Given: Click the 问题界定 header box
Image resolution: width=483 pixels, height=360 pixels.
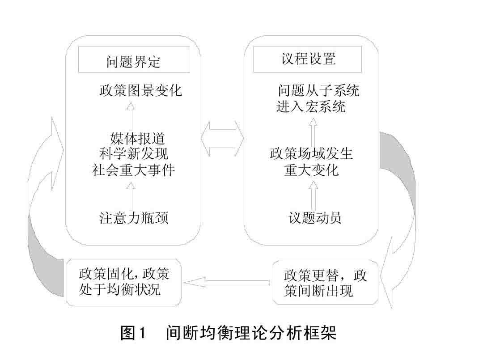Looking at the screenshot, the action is coord(133,61).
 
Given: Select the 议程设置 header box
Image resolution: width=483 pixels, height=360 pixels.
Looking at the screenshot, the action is coord(308,59).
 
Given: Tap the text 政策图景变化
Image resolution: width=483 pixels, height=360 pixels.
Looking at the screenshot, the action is coord(140,91).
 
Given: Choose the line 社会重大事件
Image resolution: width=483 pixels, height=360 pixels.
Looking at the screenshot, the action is coord(133,170).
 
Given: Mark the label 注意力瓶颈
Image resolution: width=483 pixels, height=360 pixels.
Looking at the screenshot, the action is coord(134,218).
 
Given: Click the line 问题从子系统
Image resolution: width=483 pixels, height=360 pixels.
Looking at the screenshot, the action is coord(318,91).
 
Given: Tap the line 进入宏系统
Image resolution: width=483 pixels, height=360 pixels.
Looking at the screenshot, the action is coord(311,107).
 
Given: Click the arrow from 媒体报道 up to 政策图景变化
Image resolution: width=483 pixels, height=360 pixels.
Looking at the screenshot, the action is coord(131,115).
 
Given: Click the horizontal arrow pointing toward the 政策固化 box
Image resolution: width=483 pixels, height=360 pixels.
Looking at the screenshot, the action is coord(228,282).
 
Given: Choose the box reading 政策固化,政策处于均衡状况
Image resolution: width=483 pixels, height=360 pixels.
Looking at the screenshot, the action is coord(124,282).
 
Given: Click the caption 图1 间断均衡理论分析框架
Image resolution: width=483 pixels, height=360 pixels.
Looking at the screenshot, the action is coord(228,333).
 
